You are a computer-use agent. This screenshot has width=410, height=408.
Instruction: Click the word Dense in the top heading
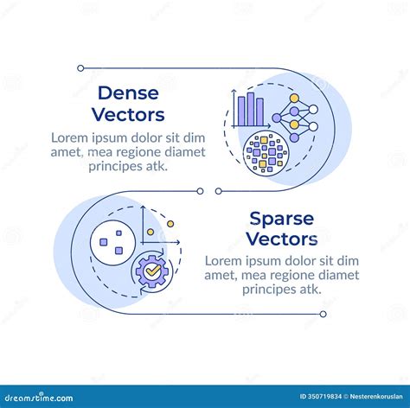(128, 93)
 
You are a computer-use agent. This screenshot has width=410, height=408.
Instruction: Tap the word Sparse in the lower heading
(282, 220)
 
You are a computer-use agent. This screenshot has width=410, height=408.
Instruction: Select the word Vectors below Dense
(128, 114)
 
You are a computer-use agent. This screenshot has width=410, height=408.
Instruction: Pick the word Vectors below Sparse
(282, 239)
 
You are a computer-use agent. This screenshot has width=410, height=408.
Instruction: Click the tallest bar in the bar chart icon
(251, 109)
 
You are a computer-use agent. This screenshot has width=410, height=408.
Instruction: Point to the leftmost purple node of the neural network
(277, 118)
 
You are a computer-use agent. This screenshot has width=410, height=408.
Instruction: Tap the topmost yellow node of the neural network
(294, 99)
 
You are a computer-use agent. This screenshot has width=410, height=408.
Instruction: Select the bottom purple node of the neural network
(294, 137)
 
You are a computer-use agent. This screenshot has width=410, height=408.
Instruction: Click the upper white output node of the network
(313, 110)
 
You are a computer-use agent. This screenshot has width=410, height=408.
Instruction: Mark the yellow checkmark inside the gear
(153, 271)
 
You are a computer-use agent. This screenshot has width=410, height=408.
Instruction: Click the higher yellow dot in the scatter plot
(170, 224)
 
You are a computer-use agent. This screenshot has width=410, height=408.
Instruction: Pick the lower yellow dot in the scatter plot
(151, 232)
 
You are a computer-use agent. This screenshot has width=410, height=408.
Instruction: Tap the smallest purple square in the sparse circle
(119, 233)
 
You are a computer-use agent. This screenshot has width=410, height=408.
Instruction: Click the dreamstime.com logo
(39, 398)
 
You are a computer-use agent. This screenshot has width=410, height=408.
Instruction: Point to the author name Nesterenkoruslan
(376, 397)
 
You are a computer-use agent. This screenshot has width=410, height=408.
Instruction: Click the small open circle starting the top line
(80, 68)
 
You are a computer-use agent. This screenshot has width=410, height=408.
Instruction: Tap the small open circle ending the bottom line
(324, 314)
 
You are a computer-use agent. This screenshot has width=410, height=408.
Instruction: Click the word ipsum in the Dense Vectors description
(110, 138)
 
